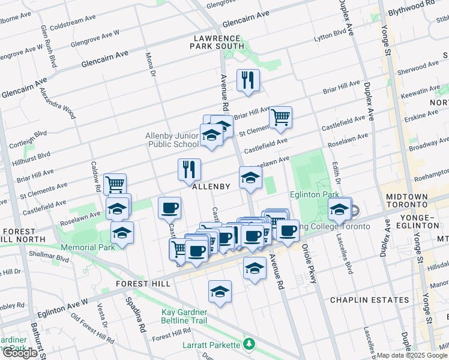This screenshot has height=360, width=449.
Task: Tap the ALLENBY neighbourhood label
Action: pos(211,187)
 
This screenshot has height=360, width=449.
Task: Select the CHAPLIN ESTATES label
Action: pos(361,299)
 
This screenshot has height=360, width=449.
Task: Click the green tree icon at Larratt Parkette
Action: pos(249,344)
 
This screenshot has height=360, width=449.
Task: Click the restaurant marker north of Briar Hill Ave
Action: pos(247,80)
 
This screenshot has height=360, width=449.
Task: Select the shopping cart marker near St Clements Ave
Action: pos(280,116)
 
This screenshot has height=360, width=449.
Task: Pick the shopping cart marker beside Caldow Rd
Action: pos(115,183)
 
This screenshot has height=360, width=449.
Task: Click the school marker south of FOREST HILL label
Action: pos(220,292)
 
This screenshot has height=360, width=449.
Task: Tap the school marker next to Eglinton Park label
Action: pos(339,209)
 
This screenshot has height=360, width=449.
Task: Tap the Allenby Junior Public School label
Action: pos(172,140)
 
